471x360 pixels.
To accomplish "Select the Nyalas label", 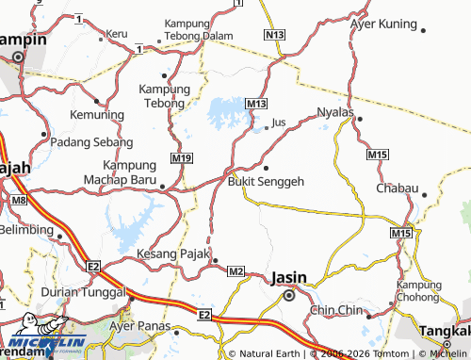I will [335, 111].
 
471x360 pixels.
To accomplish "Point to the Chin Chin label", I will [337, 309].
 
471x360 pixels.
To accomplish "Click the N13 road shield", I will [274, 35].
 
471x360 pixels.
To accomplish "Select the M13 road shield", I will [256, 103].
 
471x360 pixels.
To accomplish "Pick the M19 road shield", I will [183, 157].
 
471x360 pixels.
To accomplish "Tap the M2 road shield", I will [235, 272].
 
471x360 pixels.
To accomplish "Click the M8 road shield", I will [20, 201].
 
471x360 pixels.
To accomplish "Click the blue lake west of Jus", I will [227, 113].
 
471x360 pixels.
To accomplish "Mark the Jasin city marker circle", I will [289, 295].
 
